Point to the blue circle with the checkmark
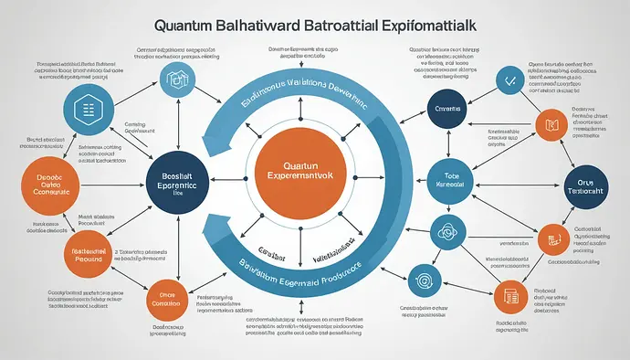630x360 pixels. (506, 81)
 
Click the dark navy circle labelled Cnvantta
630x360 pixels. (449, 108)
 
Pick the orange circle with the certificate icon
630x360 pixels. (552, 238)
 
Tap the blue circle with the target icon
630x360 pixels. (423, 278)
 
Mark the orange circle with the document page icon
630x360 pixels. (511, 297)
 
